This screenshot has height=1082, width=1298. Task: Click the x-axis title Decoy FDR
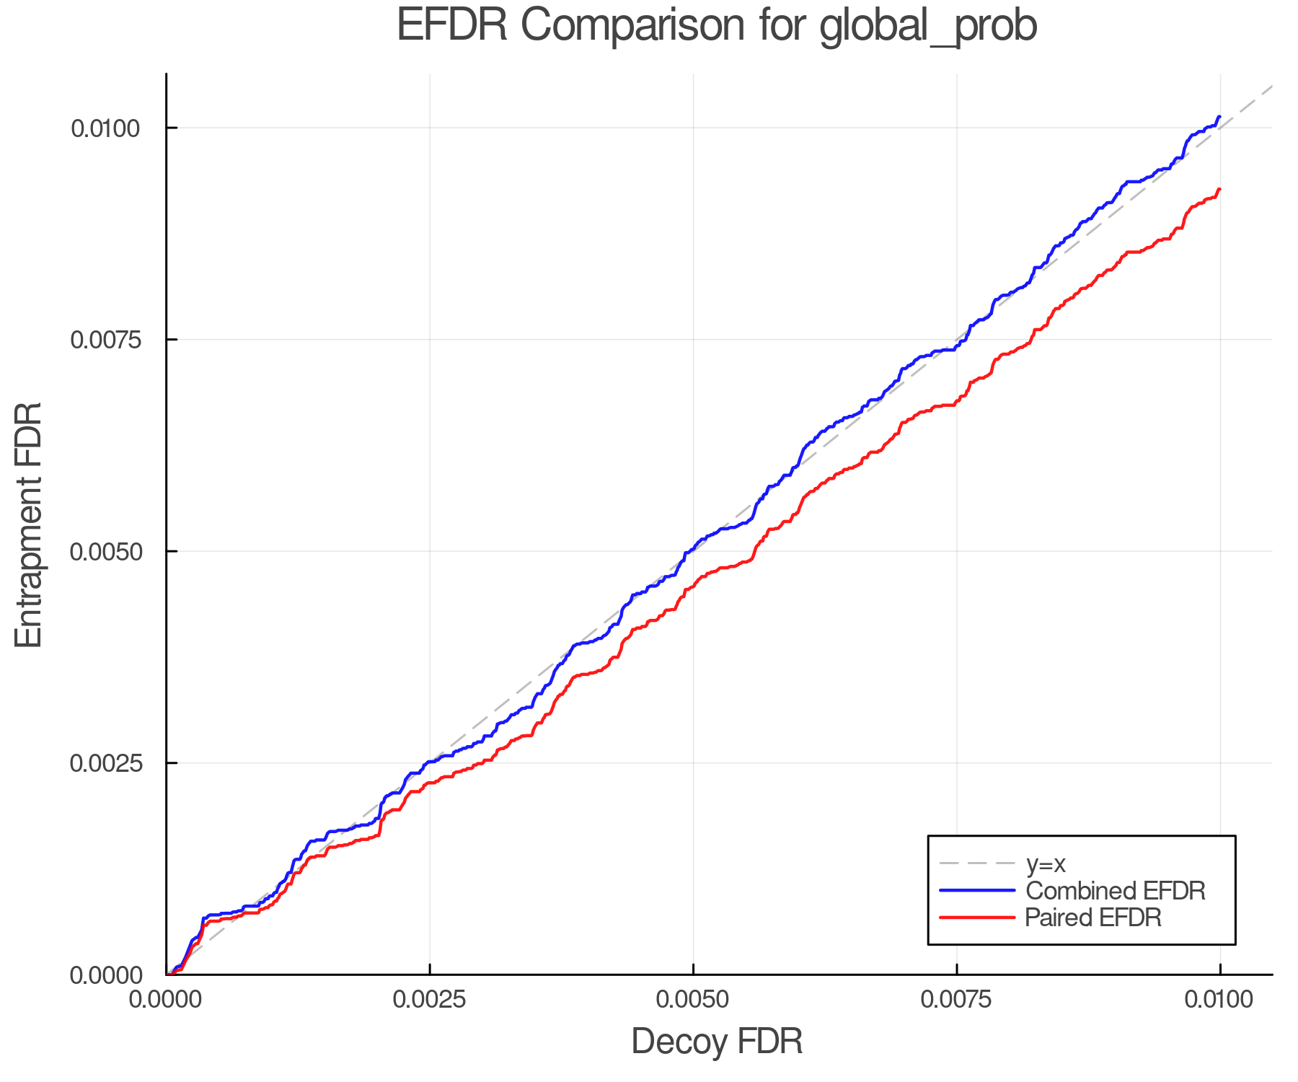click(717, 1042)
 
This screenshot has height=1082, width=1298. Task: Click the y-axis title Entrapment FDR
click(29, 524)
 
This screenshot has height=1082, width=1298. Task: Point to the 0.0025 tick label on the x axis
click(430, 1000)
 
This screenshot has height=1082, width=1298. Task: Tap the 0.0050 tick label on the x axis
click(693, 1000)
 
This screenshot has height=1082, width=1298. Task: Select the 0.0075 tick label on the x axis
click(957, 1000)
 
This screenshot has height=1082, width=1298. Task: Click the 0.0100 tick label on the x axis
click(1220, 1000)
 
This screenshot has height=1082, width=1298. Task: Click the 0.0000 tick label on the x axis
click(166, 1000)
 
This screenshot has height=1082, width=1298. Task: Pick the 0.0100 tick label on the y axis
click(105, 128)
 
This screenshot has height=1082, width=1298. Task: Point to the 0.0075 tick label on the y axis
click(105, 340)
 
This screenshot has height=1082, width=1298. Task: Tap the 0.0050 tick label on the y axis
click(105, 552)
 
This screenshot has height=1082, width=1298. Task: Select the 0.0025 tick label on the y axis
click(105, 763)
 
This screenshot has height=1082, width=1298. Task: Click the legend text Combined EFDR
click(1116, 891)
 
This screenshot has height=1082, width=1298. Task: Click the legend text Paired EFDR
click(1093, 918)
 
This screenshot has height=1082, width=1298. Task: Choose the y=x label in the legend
click(1046, 863)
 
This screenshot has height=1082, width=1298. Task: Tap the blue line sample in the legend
click(977, 891)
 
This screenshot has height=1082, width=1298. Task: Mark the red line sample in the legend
click(977, 918)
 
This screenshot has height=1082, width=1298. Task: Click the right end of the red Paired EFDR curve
click(1219, 190)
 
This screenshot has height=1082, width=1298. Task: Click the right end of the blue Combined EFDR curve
click(1219, 116)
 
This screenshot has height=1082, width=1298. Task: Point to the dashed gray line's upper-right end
click(1271, 87)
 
